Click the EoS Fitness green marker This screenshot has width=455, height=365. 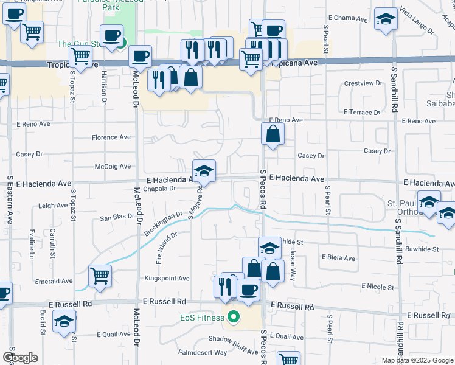click(x=232, y=317)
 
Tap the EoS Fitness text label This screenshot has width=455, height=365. click(x=203, y=317)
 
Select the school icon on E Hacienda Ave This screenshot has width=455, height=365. click(x=204, y=172)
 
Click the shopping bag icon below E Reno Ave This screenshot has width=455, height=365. click(x=273, y=134)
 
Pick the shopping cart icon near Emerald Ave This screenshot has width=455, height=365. click(x=100, y=276)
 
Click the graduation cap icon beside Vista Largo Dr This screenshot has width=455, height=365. click(x=386, y=19)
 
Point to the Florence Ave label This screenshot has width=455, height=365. click(x=111, y=137)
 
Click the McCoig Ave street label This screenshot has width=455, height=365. click(x=113, y=166)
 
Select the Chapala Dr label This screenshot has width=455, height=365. click(x=161, y=189)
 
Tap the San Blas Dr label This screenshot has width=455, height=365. click(x=117, y=217)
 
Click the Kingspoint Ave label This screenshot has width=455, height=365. click(x=167, y=278)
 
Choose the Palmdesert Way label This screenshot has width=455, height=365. click(x=202, y=352)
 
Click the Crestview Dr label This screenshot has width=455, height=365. click(x=361, y=83)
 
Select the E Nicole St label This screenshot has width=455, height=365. click(x=378, y=286)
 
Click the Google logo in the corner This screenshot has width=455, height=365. click(x=20, y=358)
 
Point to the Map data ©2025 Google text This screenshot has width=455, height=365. click(x=417, y=360)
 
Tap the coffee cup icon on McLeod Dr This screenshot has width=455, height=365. click(x=140, y=57)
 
